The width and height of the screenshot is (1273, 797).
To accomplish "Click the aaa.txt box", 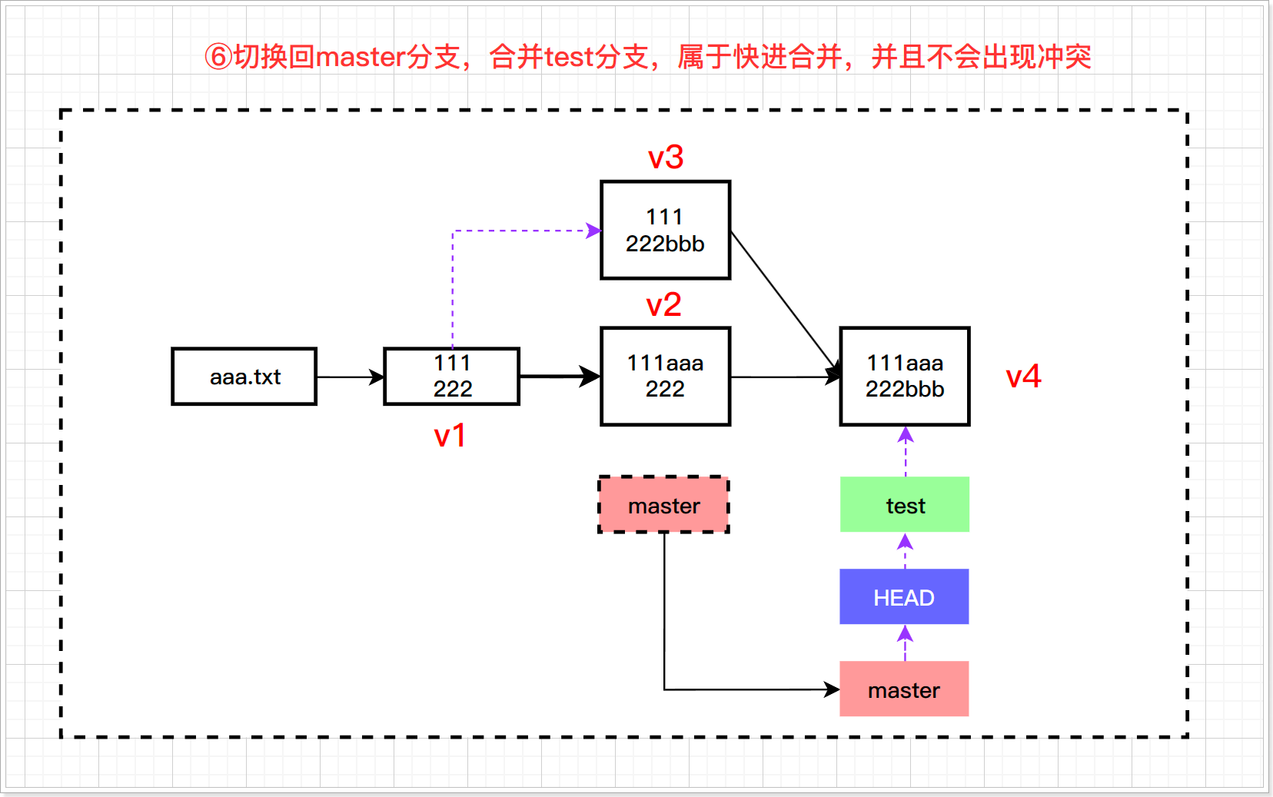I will point(244,377).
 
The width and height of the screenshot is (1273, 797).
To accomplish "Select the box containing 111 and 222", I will point(452,377).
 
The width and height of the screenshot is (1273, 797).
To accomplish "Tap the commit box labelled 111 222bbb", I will point(665,231).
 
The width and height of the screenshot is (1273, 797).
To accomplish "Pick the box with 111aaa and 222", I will point(665,377).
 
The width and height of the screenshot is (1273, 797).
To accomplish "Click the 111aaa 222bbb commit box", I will point(905,377).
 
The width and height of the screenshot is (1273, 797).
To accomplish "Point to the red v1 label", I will point(450,437).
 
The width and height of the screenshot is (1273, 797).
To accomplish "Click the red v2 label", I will point(663,306).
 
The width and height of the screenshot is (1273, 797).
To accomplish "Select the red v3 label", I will point(666,158).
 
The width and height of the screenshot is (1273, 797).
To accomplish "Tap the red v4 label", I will point(1023,377).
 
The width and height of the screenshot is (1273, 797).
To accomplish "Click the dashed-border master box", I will point(664,505).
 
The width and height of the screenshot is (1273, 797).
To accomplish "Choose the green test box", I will point(905,505).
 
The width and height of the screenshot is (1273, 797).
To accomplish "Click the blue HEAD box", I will point(904,597).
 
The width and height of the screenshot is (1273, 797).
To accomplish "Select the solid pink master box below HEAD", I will point(904,689).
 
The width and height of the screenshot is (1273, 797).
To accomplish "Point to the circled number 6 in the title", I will point(218,57).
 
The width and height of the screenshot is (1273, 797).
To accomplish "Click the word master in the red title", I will point(361,57).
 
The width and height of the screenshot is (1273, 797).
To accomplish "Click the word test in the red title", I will point(570,57).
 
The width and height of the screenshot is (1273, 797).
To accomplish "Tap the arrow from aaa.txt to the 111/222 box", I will point(350,377).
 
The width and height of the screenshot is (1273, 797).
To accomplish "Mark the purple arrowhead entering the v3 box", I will point(593,231).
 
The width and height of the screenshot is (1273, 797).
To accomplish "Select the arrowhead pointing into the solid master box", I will point(831,689).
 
